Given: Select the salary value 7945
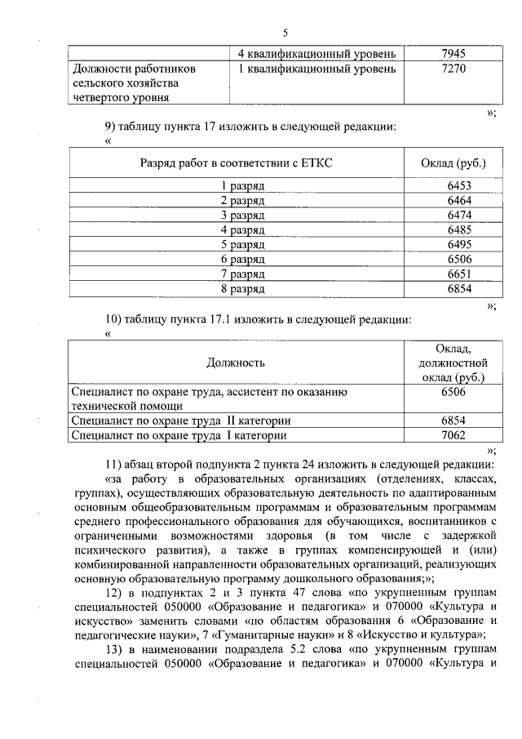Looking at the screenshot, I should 453,54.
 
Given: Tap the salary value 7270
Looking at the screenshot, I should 453,69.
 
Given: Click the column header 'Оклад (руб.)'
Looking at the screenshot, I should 453,162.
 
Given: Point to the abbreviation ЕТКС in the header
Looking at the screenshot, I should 317,162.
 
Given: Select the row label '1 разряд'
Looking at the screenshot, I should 242,185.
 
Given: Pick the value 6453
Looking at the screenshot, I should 459,185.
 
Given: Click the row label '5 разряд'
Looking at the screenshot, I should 242,244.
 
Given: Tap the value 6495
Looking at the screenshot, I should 459,244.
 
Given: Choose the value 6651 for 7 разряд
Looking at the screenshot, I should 459,274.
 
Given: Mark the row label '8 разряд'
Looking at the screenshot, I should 242,288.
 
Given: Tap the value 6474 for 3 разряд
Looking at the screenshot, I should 459,215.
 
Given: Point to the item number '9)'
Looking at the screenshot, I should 114,127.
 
